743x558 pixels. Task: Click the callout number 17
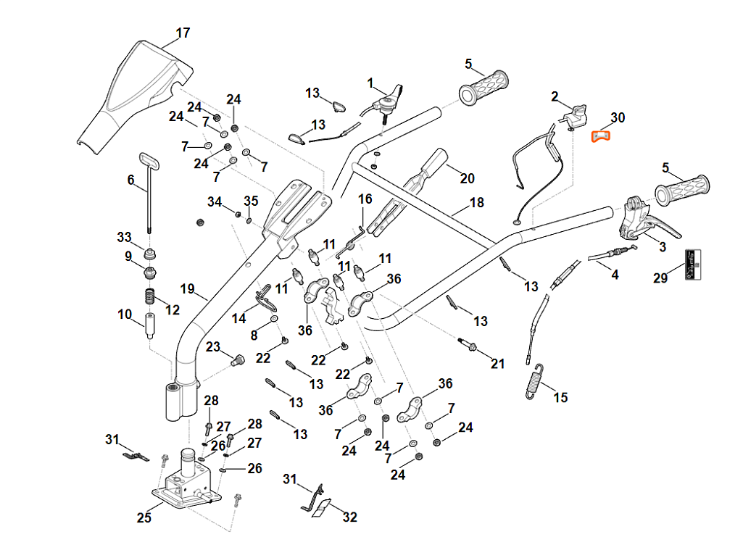[x=183, y=33]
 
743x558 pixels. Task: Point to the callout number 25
[x=144, y=517]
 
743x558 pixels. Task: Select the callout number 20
[x=467, y=178]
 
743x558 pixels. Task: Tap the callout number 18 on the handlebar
[x=476, y=203]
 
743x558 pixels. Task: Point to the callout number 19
[x=188, y=289]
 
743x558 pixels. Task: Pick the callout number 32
[x=349, y=517]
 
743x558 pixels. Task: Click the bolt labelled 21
[x=468, y=345]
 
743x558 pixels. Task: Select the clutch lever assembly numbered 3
[x=642, y=221]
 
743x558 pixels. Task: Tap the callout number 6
[x=131, y=180]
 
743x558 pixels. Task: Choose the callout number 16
[x=365, y=199]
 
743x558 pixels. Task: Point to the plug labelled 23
[x=236, y=359]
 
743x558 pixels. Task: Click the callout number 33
[x=125, y=237]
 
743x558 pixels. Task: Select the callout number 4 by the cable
[x=615, y=275]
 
